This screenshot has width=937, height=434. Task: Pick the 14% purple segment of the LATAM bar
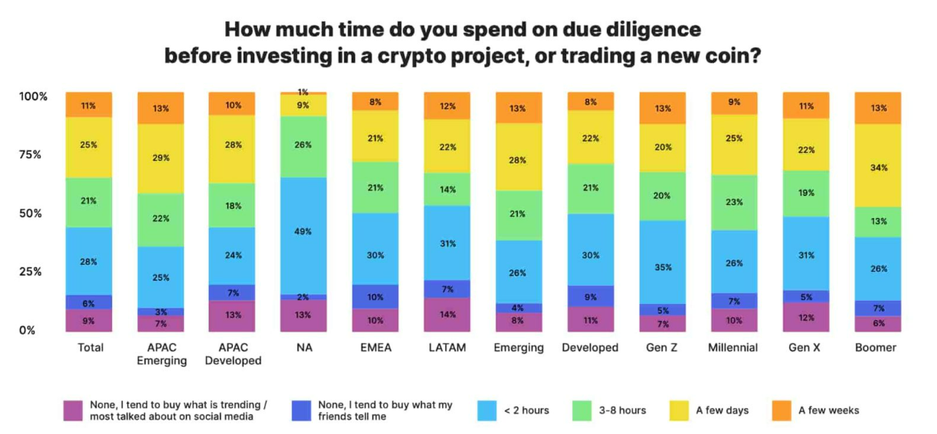(447, 314)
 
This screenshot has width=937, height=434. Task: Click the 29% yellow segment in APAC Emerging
(160, 158)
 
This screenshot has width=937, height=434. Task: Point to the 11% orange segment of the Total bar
(89, 105)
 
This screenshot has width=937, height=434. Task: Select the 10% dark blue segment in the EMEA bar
(375, 296)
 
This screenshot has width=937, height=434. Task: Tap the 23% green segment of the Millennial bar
(734, 203)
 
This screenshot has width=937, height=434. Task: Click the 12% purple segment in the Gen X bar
(806, 317)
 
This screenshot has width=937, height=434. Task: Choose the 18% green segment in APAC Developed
(232, 205)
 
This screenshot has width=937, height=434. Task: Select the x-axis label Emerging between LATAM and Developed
(519, 348)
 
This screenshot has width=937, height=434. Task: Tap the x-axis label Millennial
(733, 348)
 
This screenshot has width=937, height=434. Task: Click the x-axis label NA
(304, 348)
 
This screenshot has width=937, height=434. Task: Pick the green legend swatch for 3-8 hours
(583, 410)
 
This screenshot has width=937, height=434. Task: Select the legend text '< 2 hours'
(526, 410)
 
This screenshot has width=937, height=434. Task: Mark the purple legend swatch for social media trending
(74, 410)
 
